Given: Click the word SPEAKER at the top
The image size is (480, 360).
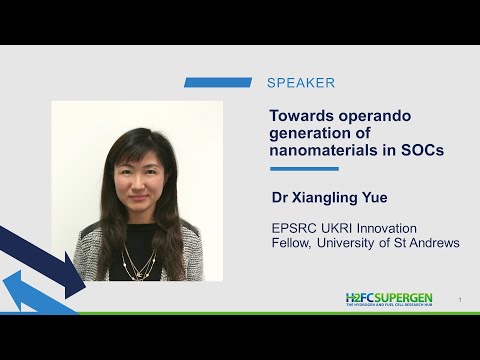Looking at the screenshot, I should (301, 83).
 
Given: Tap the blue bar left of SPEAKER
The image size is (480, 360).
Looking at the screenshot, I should (218, 83).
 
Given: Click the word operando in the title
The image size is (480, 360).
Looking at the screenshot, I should (375, 115).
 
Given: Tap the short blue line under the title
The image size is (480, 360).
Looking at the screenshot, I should (304, 169).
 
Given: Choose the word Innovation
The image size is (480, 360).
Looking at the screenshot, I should (392, 228).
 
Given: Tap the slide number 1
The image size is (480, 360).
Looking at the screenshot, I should (459, 300).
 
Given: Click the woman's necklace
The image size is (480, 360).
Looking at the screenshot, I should (139, 265).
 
